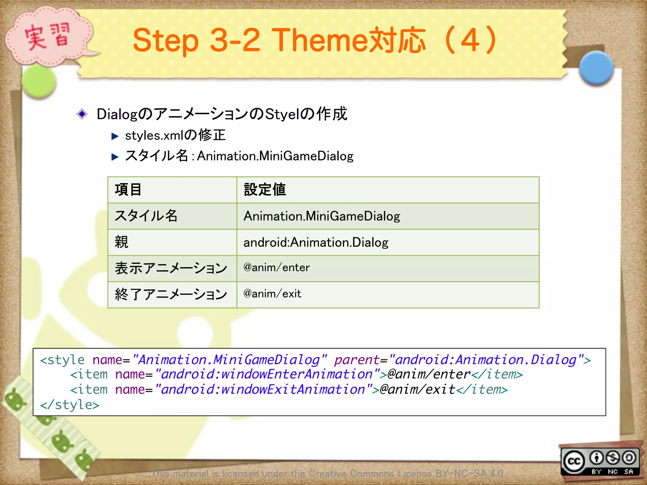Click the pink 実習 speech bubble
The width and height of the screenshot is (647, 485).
click(47, 36)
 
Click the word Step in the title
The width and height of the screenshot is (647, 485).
click(166, 40)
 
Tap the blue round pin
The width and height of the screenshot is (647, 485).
click(596, 68)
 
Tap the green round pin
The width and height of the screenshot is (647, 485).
click(39, 81)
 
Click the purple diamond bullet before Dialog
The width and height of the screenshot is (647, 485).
click(82, 114)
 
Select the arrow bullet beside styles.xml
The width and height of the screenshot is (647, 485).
click(115, 136)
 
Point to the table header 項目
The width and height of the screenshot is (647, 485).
click(128, 190)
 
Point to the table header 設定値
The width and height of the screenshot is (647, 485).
click(265, 190)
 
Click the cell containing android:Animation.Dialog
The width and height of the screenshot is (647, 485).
click(316, 242)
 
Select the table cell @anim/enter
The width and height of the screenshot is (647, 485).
click(276, 268)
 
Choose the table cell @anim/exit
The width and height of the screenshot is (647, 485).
click(272, 294)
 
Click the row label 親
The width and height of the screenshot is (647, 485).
click(122, 242)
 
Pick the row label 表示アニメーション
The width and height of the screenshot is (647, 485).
click(171, 268)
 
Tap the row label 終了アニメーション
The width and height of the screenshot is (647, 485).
click(171, 295)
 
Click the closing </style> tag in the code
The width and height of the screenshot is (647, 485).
click(70, 404)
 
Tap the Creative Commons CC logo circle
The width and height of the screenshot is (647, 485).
click(574, 461)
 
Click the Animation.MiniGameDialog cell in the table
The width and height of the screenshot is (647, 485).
click(322, 216)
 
